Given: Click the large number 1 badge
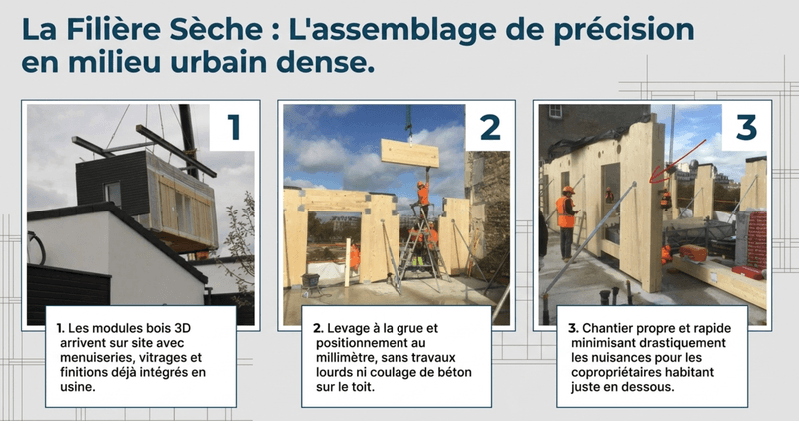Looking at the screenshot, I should [234, 128].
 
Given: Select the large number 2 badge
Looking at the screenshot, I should [489, 128].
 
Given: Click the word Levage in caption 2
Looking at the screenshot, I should [341, 327].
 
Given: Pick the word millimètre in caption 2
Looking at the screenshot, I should [347, 357].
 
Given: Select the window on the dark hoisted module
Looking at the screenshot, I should [112, 193].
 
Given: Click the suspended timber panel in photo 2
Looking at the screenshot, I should [409, 153].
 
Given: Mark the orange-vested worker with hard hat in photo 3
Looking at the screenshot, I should [566, 215].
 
